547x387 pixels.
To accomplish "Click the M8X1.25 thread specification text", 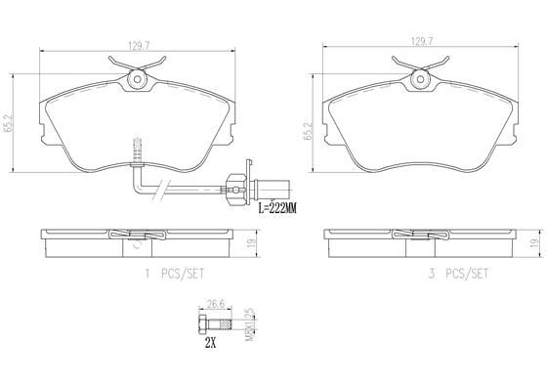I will point(249,324).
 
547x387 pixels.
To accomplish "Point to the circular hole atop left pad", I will point(136,78).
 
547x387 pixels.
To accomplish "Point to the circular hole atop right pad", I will point(420,78).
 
